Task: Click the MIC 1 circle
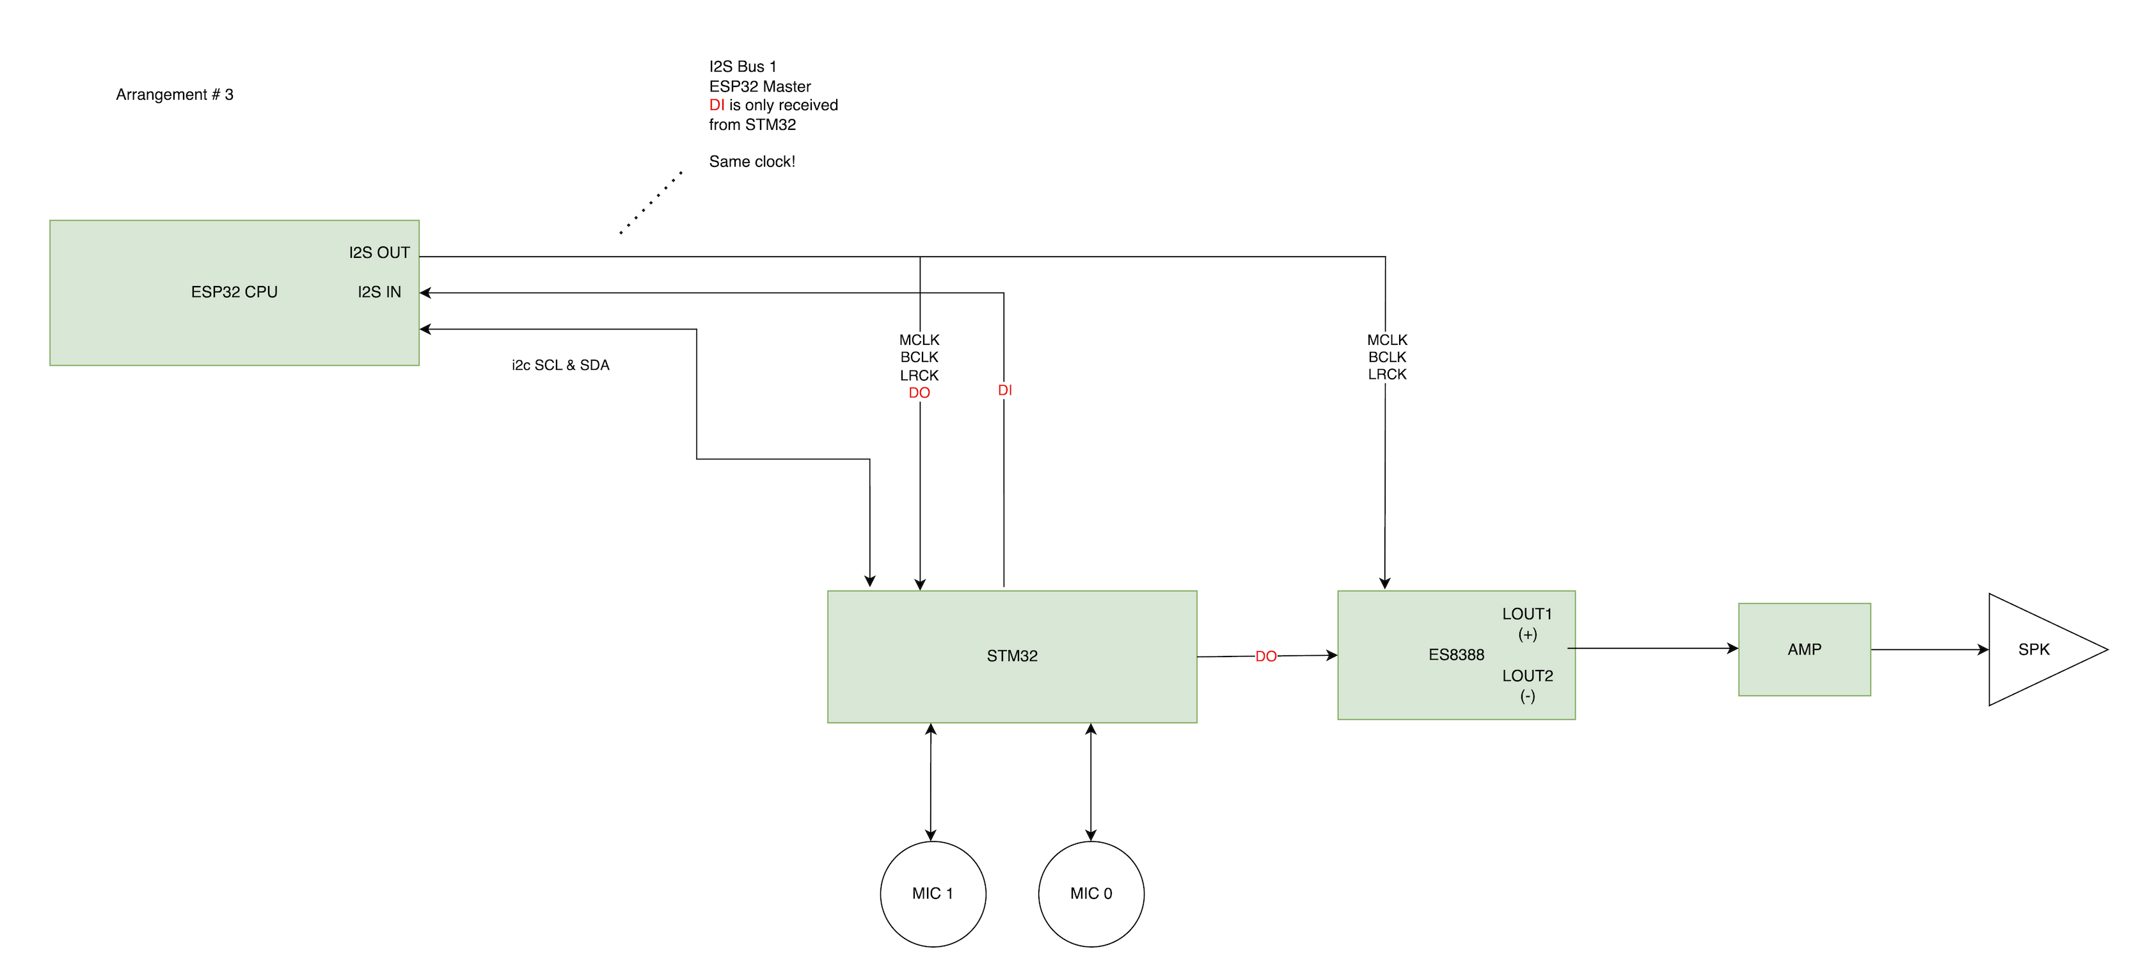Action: pyautogui.click(x=932, y=893)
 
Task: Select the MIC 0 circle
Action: pyautogui.click(x=1091, y=893)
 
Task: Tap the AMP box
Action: pyautogui.click(x=1803, y=649)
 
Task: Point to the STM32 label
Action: pyautogui.click(x=1011, y=656)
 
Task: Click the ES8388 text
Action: pyautogui.click(x=1456, y=655)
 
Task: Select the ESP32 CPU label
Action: pyautogui.click(x=234, y=291)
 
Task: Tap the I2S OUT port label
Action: pyautogui.click(x=379, y=253)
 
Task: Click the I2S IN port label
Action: pyautogui.click(x=379, y=291)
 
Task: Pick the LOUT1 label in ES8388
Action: pyautogui.click(x=1526, y=614)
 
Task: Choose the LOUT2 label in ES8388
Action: pyautogui.click(x=1526, y=676)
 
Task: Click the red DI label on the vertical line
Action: pyautogui.click(x=1004, y=390)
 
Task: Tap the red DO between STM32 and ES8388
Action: pyautogui.click(x=1265, y=657)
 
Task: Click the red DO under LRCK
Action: pyautogui.click(x=919, y=393)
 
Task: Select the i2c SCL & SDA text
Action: pyautogui.click(x=560, y=365)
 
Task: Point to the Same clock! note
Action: pyautogui.click(x=752, y=162)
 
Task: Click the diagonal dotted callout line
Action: pyautogui.click(x=651, y=203)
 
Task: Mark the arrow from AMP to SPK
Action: pyautogui.click(x=1929, y=649)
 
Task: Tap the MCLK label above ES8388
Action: pyautogui.click(x=1387, y=340)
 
